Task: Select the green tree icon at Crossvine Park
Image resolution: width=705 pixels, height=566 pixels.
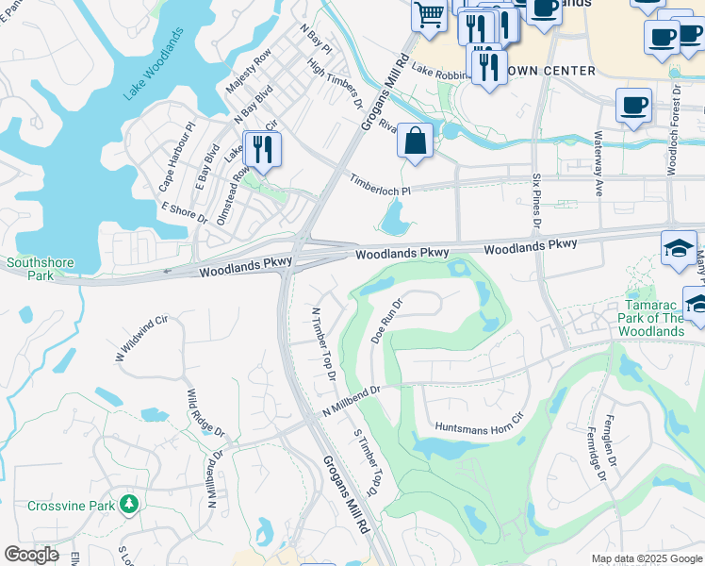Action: (129, 506)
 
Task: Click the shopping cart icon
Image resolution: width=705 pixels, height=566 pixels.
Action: (429, 16)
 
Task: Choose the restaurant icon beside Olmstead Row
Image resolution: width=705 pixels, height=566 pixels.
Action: (262, 150)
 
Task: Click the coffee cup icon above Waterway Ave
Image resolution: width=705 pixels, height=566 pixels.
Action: (633, 105)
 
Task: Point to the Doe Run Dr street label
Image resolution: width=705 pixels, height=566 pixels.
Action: (385, 322)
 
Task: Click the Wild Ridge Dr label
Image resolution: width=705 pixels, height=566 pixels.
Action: (205, 413)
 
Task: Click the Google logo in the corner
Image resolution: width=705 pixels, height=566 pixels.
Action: (30, 555)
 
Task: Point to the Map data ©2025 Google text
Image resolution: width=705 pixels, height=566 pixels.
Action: (646, 558)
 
